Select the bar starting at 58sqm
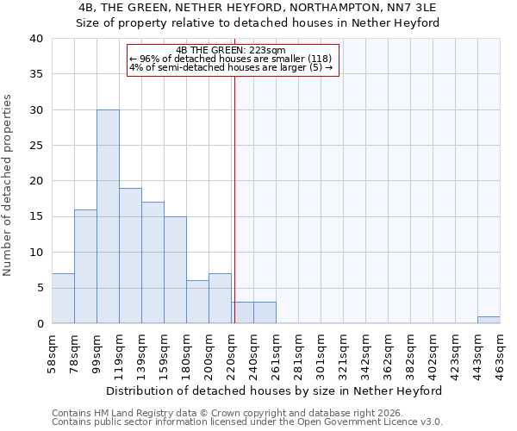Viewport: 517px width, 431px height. click(x=63, y=298)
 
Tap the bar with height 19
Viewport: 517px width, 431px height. click(x=130, y=255)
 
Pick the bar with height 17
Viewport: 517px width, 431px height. click(x=153, y=262)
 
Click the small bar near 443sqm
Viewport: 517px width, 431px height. click(x=489, y=320)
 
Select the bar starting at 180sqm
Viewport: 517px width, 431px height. click(x=197, y=302)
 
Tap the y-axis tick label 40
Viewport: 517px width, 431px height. click(x=35, y=39)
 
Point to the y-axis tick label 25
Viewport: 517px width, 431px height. click(x=35, y=146)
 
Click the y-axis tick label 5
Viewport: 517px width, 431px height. click(x=39, y=288)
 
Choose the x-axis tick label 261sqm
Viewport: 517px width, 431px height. click(x=276, y=353)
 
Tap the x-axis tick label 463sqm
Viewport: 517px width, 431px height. click(x=500, y=353)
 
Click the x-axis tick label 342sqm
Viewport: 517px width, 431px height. click(x=365, y=353)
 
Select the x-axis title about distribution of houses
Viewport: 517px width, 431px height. click(x=276, y=390)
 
